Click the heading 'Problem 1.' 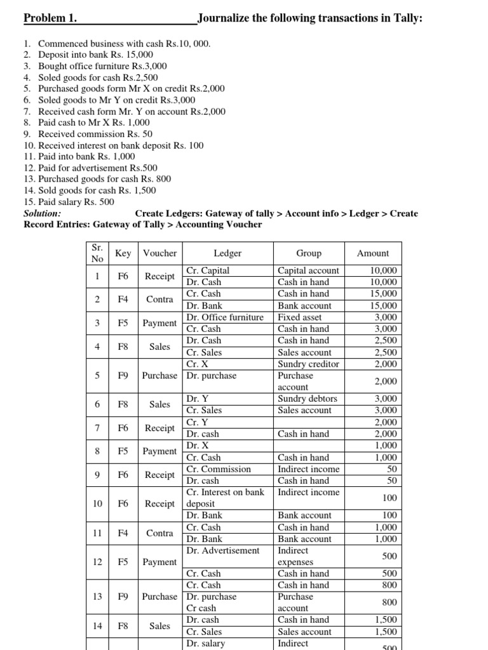[50, 18]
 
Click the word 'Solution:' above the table [43, 213]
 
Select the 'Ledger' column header [227, 253]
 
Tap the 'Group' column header [309, 253]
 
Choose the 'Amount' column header [373, 253]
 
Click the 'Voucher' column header [160, 253]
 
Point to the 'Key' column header [123, 253]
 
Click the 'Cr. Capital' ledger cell [207, 270]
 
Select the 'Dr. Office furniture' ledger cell [225, 317]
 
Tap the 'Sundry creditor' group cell [309, 364]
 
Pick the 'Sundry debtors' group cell [308, 399]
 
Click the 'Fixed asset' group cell [300, 317]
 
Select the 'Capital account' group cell [309, 270]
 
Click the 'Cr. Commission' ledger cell [219, 469]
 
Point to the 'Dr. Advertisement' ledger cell [222, 550]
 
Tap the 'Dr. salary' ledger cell [205, 643]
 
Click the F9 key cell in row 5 [123, 375]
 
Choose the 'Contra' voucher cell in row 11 [160, 533]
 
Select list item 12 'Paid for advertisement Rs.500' [98, 168]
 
